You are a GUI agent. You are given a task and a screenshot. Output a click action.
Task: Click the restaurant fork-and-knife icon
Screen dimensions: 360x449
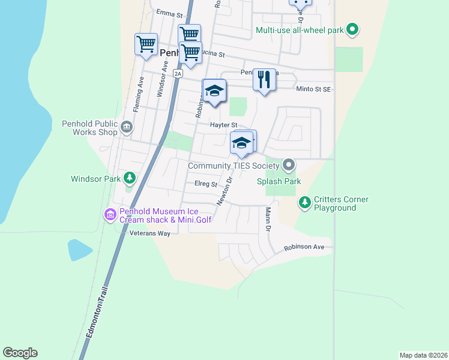point(264,80)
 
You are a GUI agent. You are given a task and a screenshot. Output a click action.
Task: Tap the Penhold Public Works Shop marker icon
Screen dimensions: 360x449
point(127,127)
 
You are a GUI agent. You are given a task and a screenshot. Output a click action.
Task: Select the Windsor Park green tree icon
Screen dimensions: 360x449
point(129,178)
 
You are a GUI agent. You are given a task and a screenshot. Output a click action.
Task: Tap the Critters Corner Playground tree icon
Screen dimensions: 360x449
point(305,203)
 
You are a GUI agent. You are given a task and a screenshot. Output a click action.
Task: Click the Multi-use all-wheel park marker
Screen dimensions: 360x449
point(353,29)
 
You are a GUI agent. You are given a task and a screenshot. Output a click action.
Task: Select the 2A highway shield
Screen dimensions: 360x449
point(177,73)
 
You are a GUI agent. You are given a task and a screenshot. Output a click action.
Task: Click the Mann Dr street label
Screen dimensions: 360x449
point(268,219)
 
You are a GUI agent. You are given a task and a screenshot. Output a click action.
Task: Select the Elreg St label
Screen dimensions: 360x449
point(205,184)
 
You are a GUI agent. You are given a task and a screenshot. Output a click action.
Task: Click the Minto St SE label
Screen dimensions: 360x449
point(314,89)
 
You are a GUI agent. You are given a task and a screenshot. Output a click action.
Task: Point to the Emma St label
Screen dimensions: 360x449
point(168,12)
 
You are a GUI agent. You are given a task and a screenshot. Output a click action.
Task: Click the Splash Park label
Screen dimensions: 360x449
point(279,181)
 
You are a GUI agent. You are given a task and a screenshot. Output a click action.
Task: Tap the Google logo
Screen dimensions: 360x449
point(20,352)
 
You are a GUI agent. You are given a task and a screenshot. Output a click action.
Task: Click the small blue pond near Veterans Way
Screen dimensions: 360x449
point(80,249)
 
